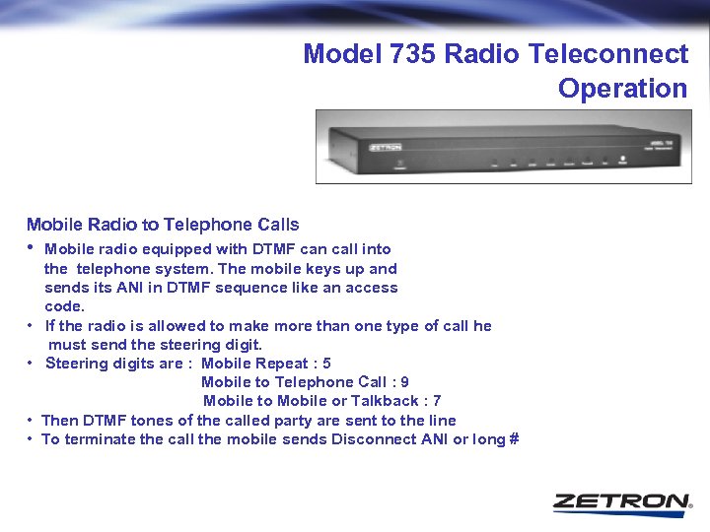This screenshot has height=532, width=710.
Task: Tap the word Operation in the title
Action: point(622,89)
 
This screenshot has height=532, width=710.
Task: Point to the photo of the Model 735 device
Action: point(500,146)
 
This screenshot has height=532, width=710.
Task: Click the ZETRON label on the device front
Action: point(386,146)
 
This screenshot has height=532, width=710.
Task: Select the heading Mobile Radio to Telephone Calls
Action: point(163,225)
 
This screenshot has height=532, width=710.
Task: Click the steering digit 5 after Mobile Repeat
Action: point(327,364)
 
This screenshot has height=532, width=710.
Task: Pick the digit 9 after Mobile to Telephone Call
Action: point(405,382)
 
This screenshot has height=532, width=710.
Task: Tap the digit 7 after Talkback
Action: point(437,401)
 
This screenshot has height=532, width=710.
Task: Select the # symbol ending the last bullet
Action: point(514,439)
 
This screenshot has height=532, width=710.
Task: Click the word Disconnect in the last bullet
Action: point(370,439)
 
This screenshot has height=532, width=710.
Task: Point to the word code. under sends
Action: point(65,306)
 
